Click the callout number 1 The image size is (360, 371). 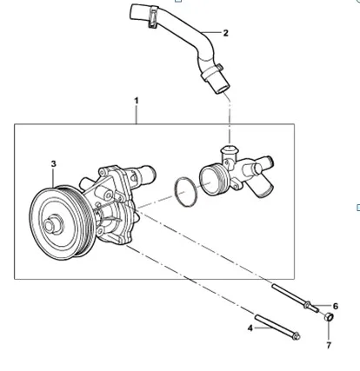tap(137, 102)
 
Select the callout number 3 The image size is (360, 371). tap(53, 163)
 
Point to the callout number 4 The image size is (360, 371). tap(250, 328)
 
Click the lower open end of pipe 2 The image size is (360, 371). tap(216, 86)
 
